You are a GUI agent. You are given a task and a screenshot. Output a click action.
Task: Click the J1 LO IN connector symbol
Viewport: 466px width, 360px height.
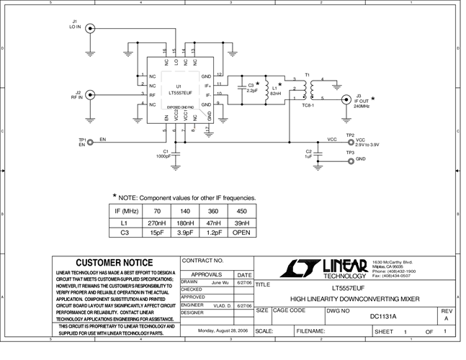pos(90,30)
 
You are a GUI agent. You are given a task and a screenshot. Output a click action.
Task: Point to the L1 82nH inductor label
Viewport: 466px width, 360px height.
pos(275,91)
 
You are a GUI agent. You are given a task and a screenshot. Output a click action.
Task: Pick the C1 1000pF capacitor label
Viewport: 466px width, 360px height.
pos(163,153)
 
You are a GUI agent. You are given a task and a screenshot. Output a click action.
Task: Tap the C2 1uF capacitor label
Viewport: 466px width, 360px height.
pos(308,153)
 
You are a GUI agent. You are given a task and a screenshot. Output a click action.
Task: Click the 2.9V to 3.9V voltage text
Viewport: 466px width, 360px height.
pos(367,145)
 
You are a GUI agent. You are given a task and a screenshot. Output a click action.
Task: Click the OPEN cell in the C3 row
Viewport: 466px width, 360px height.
pos(241,233)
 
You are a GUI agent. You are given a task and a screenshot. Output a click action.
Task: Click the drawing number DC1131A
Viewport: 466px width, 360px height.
pos(382,316)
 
